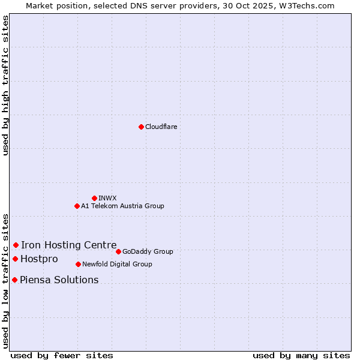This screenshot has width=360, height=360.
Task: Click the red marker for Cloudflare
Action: (141, 127)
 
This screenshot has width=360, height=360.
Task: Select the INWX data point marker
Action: (94, 198)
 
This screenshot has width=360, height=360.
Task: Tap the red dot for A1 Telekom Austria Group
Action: (77, 206)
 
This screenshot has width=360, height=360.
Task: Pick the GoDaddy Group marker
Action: (118, 251)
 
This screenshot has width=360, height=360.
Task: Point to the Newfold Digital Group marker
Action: (78, 264)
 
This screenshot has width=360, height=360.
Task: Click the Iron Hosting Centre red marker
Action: (16, 245)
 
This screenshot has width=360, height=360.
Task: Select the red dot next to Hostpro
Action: (15, 259)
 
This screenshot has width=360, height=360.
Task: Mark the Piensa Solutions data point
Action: (14, 280)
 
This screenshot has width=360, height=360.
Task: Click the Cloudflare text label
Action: (161, 127)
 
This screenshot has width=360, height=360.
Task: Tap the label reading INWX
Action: (107, 198)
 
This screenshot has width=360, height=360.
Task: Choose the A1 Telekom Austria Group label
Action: (122, 206)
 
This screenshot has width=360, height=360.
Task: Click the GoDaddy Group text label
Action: (148, 251)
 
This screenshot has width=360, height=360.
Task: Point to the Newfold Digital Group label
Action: (117, 264)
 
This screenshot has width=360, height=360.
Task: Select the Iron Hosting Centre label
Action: (69, 245)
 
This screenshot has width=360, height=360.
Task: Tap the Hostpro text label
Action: (40, 259)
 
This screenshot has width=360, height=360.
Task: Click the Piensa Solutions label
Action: (59, 280)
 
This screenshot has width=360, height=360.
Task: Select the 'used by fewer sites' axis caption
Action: (62, 355)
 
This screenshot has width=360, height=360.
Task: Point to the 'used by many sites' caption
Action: (301, 355)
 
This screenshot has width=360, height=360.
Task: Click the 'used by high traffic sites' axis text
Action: (5, 85)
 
